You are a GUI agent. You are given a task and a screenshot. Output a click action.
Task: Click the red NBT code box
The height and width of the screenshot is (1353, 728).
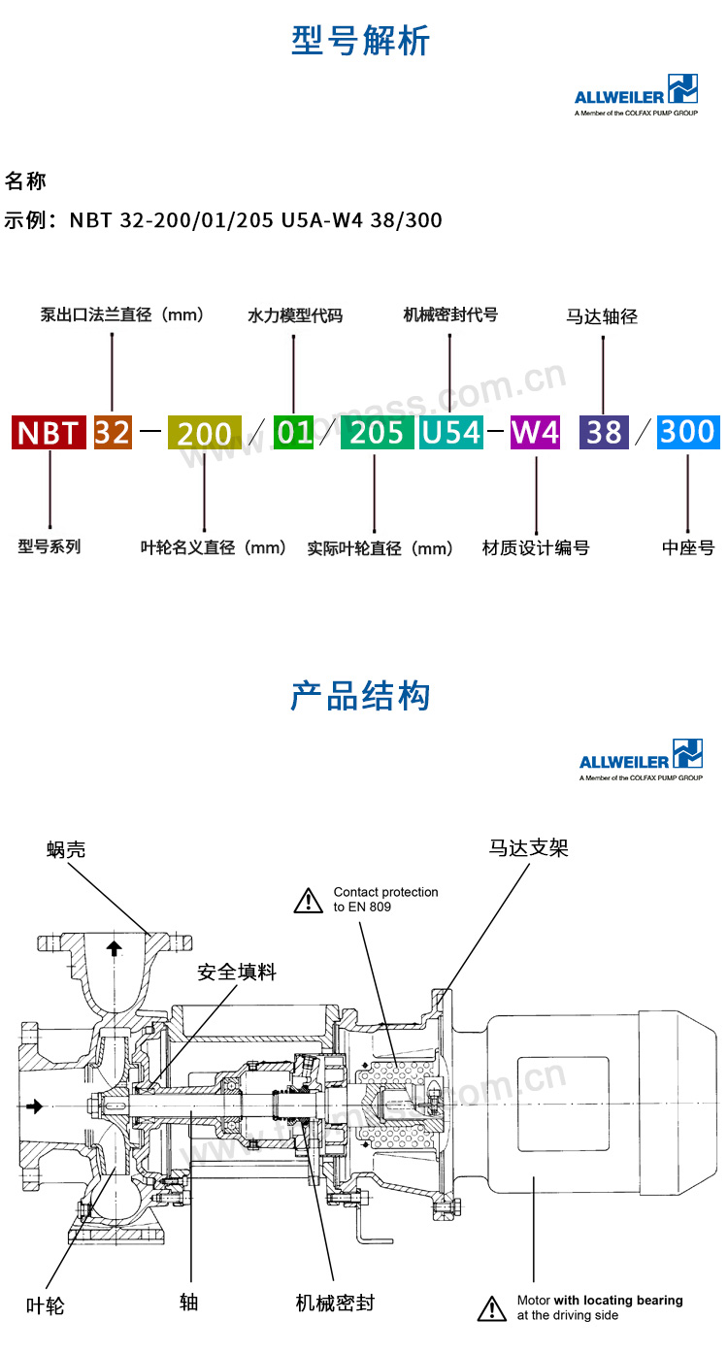pos(49,432)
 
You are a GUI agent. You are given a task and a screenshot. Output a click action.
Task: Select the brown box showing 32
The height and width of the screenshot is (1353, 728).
pos(113,432)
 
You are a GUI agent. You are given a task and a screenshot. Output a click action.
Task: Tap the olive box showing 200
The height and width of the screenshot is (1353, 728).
pos(204,433)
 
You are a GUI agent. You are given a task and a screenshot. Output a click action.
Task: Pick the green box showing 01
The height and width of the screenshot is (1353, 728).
pos(293,432)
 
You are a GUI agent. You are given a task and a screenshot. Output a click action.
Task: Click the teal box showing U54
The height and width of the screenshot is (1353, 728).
pos(450,432)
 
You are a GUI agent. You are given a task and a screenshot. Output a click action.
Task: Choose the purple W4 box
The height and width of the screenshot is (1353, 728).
pos(535,432)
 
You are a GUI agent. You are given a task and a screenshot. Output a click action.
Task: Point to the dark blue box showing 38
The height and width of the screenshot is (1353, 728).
pos(604,432)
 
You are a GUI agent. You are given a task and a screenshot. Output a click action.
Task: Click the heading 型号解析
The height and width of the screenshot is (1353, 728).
pos(361,42)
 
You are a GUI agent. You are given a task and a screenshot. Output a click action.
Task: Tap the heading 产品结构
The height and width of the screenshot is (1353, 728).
pos(360,696)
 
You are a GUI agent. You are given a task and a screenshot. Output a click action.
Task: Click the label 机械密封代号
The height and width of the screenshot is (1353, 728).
pos(450,314)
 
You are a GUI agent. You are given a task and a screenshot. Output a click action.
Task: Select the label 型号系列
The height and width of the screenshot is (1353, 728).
pos(50,546)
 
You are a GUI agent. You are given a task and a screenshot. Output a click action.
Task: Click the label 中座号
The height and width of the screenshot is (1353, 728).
pos(688,547)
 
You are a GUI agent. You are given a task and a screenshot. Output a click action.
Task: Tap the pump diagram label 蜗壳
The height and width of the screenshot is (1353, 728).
pos(66,849)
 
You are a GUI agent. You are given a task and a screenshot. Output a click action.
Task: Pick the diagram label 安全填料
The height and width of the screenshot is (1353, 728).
pos(237,972)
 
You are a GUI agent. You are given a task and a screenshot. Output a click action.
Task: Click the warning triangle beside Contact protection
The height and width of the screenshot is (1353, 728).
pos(309,900)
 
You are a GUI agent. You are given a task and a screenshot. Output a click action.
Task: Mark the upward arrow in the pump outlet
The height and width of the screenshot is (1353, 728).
pos(115,948)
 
